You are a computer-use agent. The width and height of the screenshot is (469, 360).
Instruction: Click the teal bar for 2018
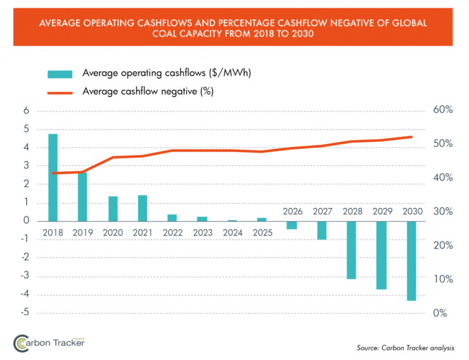[x=53, y=177]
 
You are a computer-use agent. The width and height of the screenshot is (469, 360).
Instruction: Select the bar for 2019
[x=82, y=196]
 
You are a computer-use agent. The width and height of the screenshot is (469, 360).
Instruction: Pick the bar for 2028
[x=352, y=250]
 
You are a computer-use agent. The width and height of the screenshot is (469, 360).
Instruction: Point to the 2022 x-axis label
[x=173, y=233]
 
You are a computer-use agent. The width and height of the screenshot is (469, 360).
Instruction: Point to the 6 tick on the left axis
[x=27, y=110]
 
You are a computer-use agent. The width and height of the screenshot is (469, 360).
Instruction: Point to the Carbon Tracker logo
[x=49, y=342]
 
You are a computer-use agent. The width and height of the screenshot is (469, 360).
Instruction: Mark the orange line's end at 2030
[x=412, y=137]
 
